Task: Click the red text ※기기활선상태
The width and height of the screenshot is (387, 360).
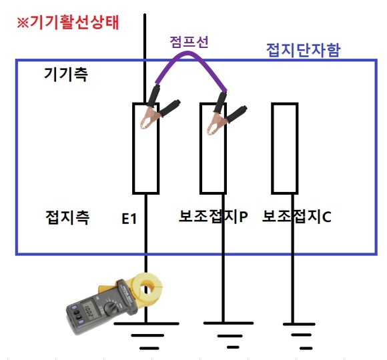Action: pos(68,23)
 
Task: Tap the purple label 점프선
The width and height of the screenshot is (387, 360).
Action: pos(189,42)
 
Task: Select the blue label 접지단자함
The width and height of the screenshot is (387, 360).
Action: pos(304,50)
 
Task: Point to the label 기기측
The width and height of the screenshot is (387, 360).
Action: pos(65,74)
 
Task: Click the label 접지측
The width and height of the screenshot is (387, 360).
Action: pos(67,217)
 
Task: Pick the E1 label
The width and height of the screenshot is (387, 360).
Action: pos(129,219)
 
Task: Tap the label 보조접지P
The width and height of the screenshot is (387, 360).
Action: pos(214,216)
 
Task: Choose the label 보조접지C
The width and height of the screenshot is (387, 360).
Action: pos(297,216)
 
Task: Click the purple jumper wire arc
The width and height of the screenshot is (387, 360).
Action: pos(189,52)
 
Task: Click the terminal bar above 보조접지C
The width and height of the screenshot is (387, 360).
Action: pos(285,149)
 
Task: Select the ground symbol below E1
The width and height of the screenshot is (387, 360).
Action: pos(147,335)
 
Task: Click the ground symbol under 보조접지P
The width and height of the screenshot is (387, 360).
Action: pos(228,335)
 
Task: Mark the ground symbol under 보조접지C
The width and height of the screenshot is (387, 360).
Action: pos(299,336)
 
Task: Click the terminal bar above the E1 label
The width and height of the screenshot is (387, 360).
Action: pos(146,149)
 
